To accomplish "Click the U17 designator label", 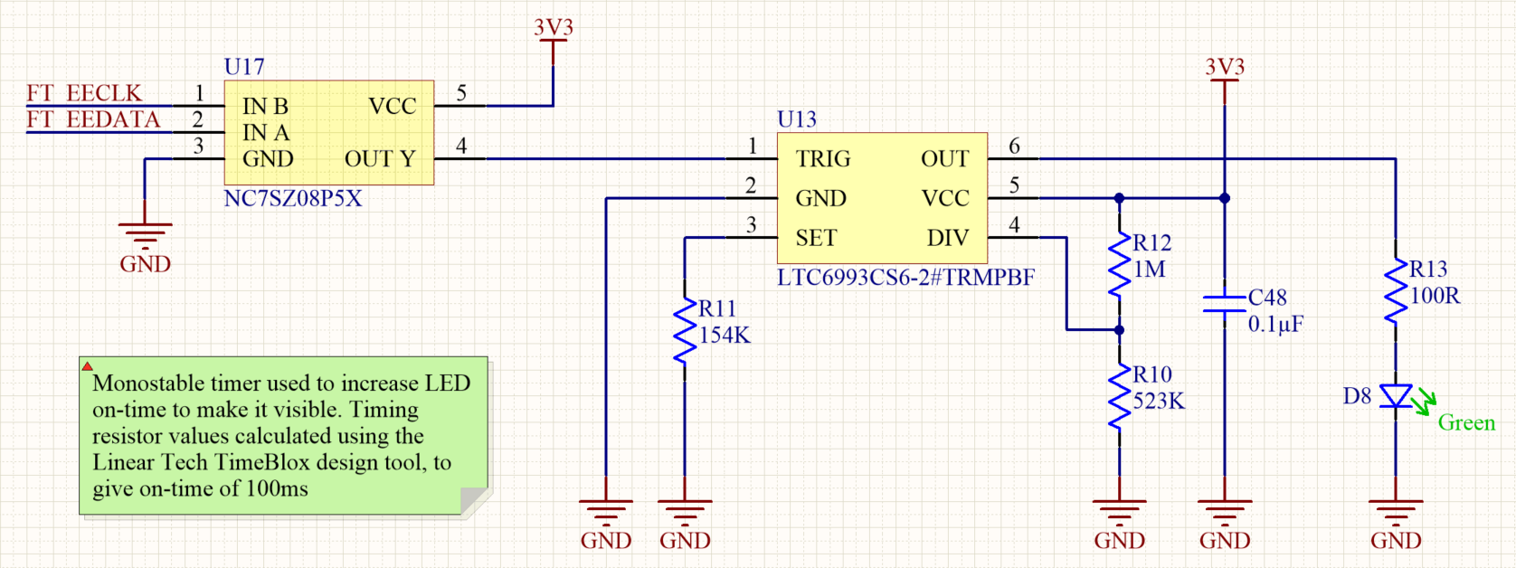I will click(x=244, y=67).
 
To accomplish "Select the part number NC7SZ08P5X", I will click(x=292, y=199).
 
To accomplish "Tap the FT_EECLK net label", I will click(x=84, y=93).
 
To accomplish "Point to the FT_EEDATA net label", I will click(x=93, y=119).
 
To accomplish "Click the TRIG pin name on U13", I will click(x=823, y=159).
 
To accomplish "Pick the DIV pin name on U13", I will click(x=947, y=238).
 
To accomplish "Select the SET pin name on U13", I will click(x=816, y=238).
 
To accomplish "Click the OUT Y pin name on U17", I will click(x=380, y=159).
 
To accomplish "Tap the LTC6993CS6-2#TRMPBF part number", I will click(x=905, y=278).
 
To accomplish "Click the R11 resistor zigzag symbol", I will click(x=685, y=332).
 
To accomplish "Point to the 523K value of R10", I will click(x=1159, y=401).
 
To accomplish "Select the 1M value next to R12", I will click(x=1150, y=270).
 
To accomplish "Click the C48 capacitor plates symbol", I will click(x=1225, y=303).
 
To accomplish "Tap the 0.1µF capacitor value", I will click(x=1275, y=324).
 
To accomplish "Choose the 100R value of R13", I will click(x=1435, y=296).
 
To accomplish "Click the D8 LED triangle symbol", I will click(x=1396, y=396).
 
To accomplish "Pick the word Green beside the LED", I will click(x=1466, y=423).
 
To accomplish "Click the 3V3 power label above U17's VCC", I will click(x=553, y=28).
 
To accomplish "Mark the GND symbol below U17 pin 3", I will click(x=145, y=237).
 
